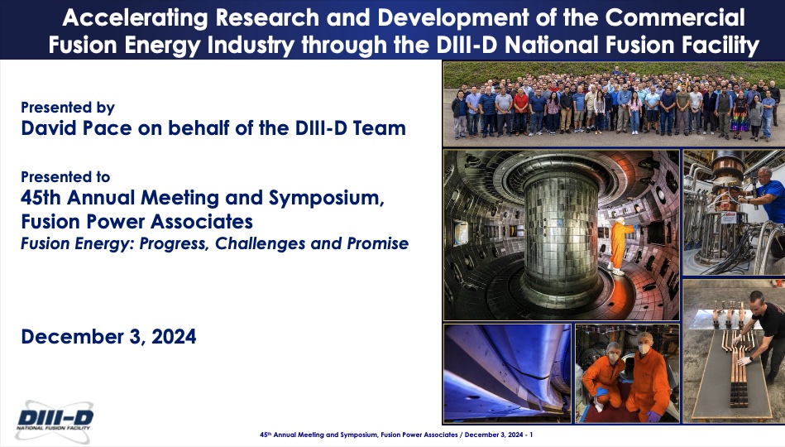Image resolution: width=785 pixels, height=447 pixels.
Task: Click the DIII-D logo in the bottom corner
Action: coord(54,420)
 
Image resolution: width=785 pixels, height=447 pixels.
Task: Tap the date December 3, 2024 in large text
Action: coord(108,337)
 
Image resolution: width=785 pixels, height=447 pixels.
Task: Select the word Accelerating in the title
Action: coord(135,18)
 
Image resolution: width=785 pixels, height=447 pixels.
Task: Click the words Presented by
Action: coord(68,108)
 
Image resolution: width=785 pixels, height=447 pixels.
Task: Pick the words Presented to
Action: coord(65,177)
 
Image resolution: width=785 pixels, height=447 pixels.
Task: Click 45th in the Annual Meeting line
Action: coord(41,198)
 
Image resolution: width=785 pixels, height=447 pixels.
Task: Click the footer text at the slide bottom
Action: coord(396,435)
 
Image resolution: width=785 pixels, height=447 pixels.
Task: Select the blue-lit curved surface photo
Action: coord(507,373)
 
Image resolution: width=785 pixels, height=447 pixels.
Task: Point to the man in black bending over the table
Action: coord(759,337)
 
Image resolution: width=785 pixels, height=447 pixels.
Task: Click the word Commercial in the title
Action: coord(675,18)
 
